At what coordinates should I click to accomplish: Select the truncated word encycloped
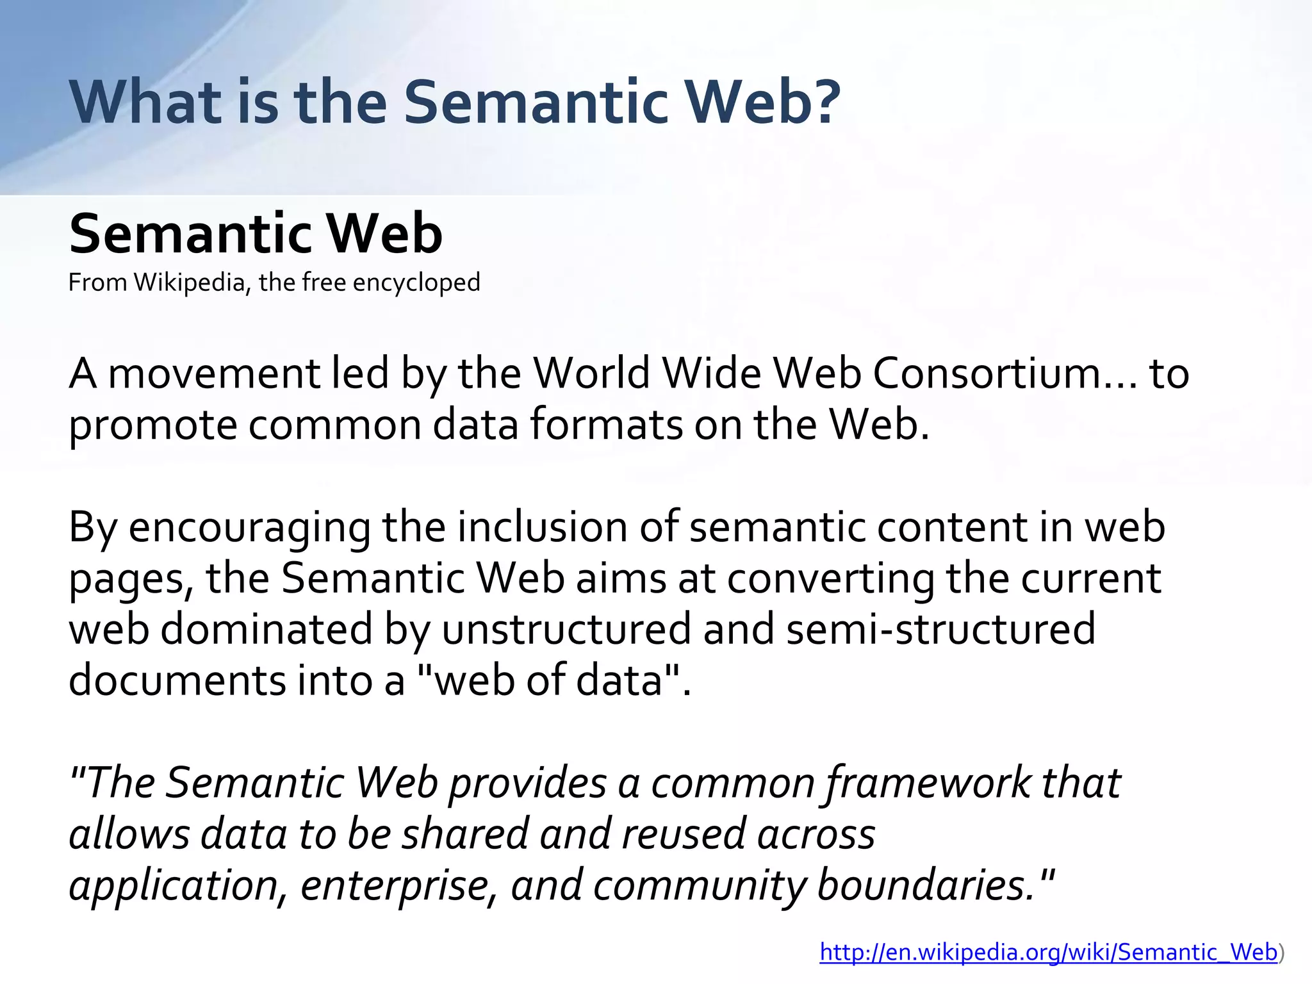pos(416,283)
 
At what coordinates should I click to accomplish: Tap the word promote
pos(152,426)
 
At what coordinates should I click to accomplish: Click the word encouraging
pos(249,529)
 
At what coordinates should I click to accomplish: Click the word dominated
pos(266,629)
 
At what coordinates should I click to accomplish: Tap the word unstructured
pos(566,629)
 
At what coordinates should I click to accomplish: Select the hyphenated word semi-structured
pos(941,629)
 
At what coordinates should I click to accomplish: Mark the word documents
pos(177,680)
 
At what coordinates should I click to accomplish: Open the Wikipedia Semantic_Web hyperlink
pos(1049,953)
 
